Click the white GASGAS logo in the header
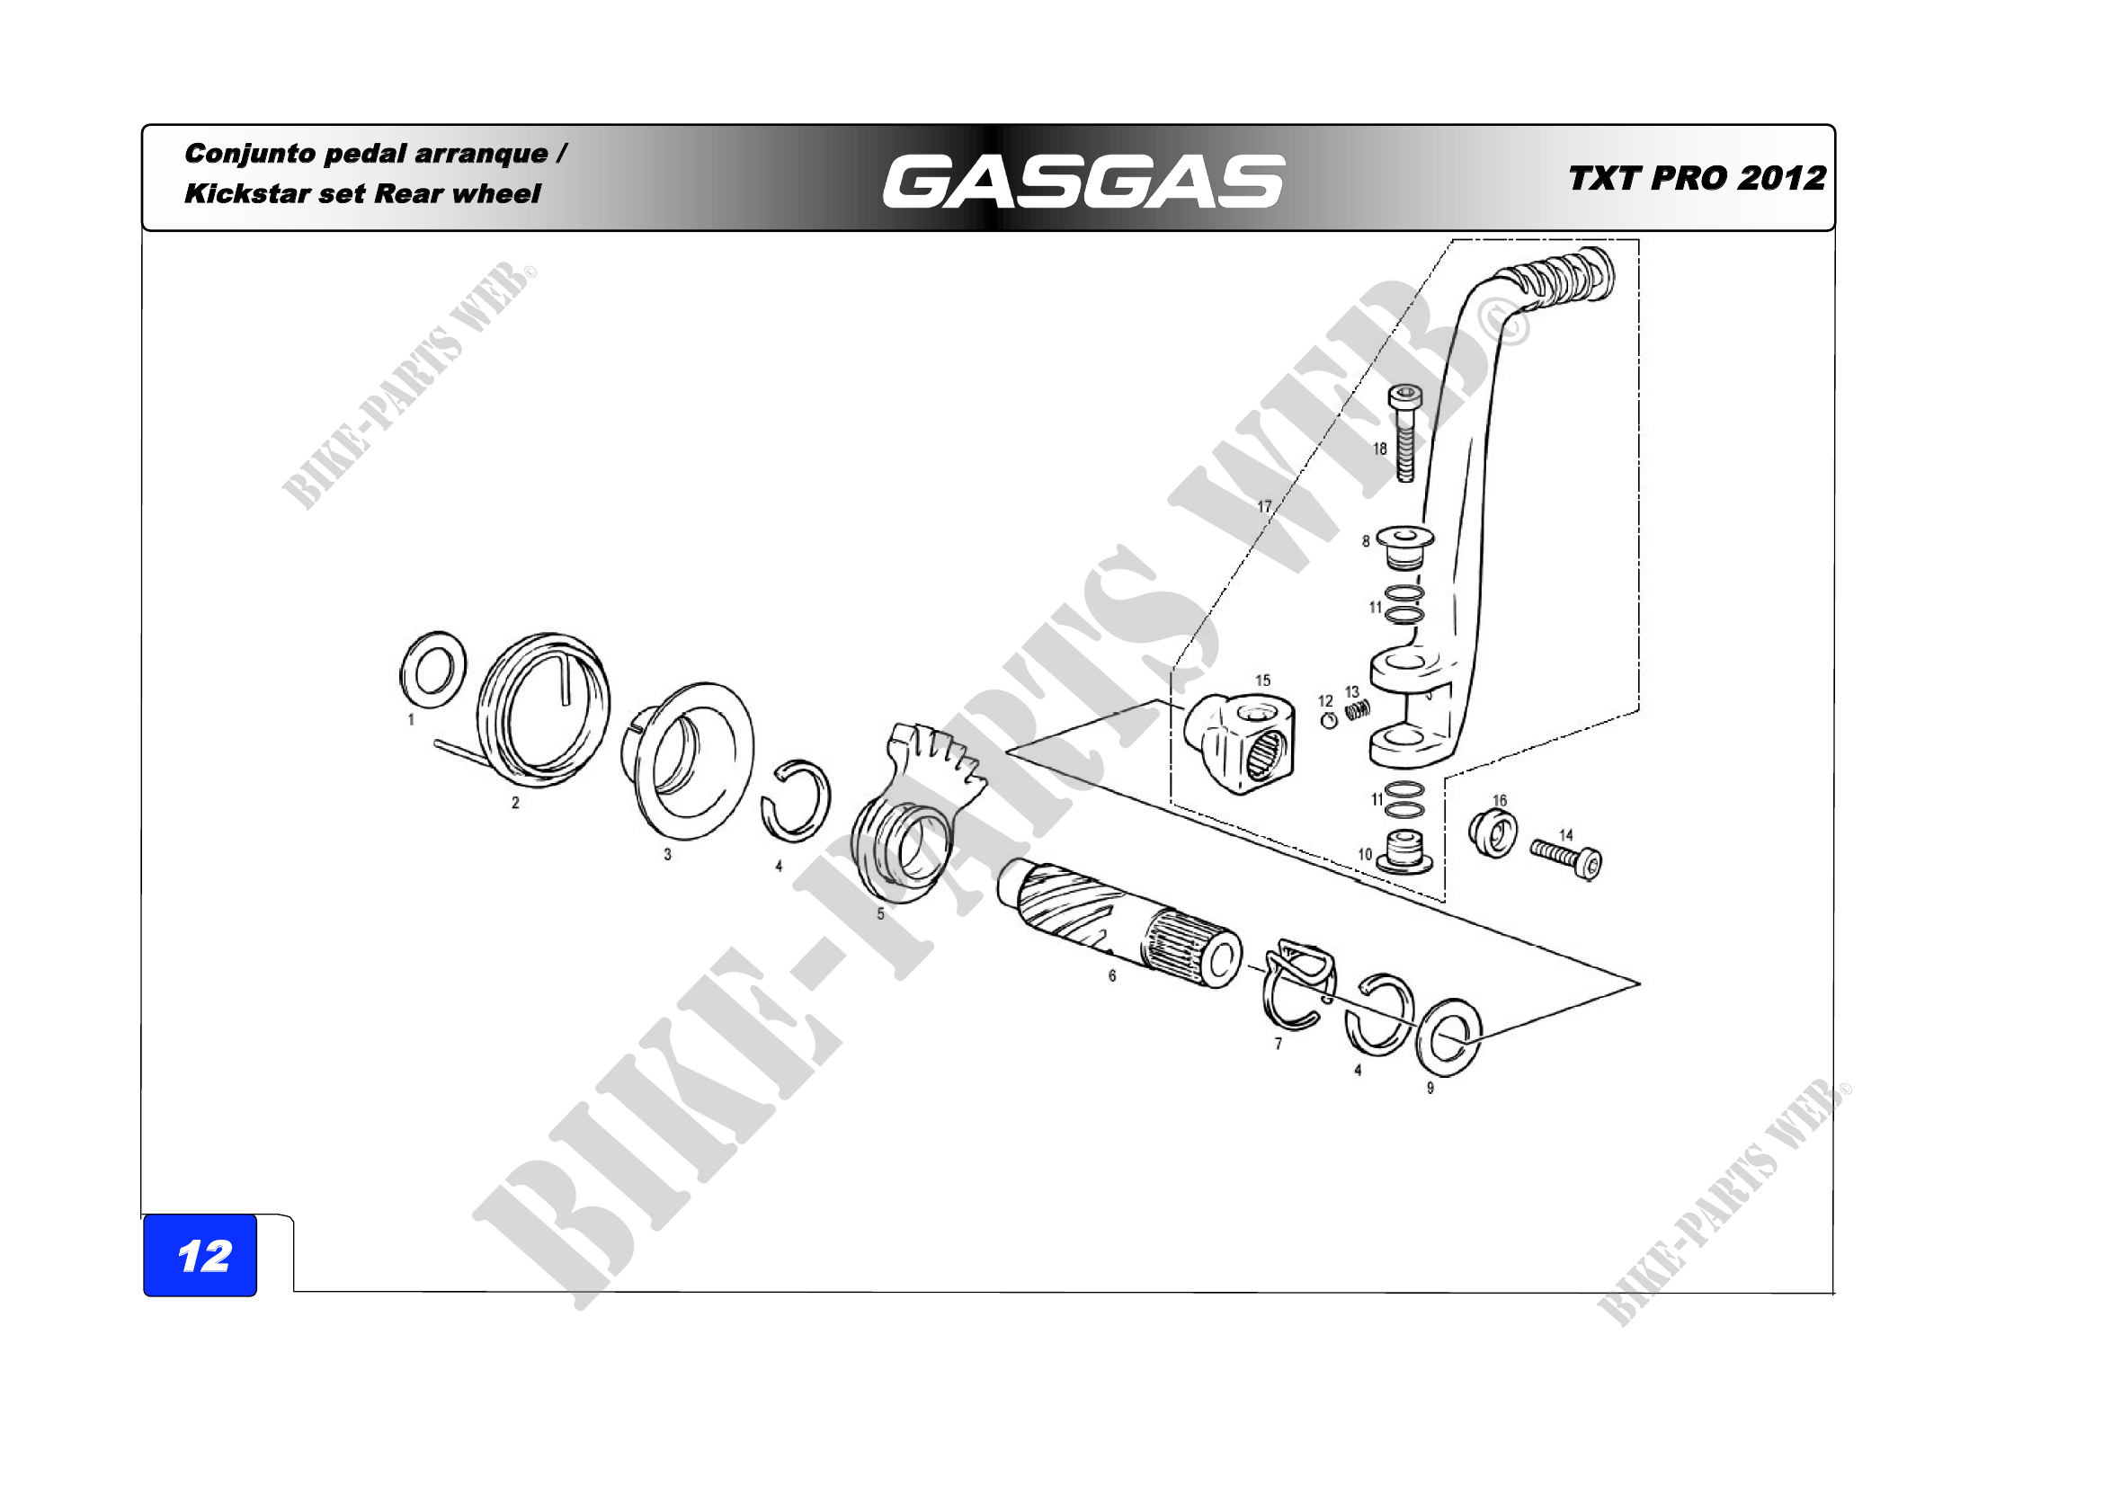click(1083, 181)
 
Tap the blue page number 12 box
click(200, 1255)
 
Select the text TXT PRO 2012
click(1697, 178)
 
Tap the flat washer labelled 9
click(1449, 1037)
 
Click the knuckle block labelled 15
click(1239, 743)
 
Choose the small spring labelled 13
click(1359, 709)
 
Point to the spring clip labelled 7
click(1301, 983)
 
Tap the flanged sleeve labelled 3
click(688, 760)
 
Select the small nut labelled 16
click(1493, 832)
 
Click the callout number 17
click(1264, 506)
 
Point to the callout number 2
click(516, 803)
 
